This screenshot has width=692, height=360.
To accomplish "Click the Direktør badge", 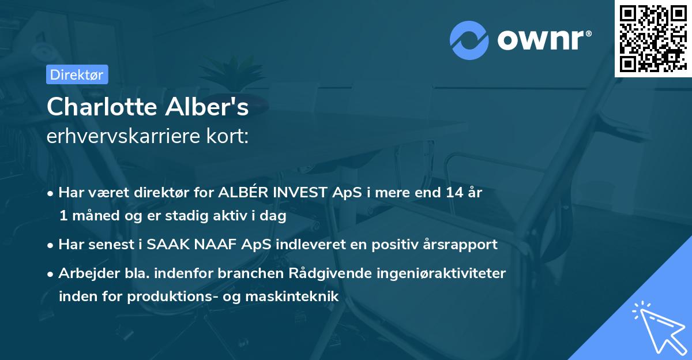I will click(77, 74).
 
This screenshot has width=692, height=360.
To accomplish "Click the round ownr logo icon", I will click(469, 40).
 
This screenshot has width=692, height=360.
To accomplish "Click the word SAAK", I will click(168, 244).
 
